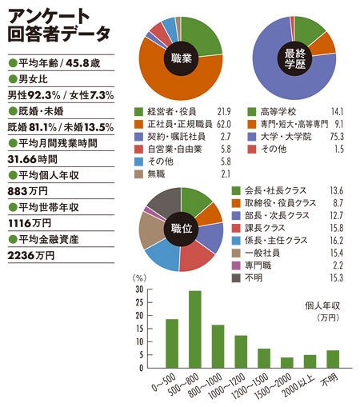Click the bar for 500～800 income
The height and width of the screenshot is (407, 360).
[195, 329]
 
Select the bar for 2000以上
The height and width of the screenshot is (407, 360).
[310, 361]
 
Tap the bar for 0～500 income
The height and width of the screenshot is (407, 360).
[172, 344]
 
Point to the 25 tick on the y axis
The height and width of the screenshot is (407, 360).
[139, 302]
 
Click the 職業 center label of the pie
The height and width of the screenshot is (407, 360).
[182, 58]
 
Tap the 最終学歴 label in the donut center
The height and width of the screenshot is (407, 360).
[294, 58]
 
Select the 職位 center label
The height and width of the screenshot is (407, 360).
[182, 229]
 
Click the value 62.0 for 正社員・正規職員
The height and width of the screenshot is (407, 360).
[224, 124]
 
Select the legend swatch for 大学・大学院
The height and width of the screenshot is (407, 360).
[252, 137]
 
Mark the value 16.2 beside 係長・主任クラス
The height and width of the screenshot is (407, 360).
[337, 241]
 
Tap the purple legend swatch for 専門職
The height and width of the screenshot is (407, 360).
[236, 265]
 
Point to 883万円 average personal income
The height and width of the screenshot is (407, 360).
[28, 191]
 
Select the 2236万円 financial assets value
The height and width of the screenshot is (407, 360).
[31, 255]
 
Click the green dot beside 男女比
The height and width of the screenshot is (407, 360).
[13, 79]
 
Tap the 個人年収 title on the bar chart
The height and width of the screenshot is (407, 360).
[322, 305]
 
